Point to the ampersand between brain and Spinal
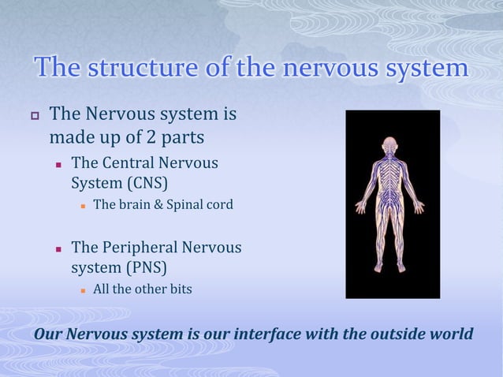(158, 206)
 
